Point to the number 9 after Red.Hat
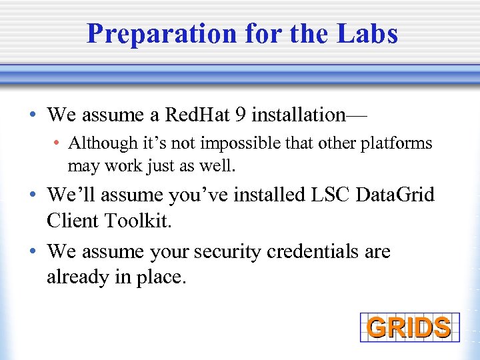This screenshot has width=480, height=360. click(241, 115)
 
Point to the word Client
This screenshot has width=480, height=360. click(73, 220)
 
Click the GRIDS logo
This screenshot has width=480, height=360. click(409, 327)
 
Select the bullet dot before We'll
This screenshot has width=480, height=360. click(34, 196)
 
